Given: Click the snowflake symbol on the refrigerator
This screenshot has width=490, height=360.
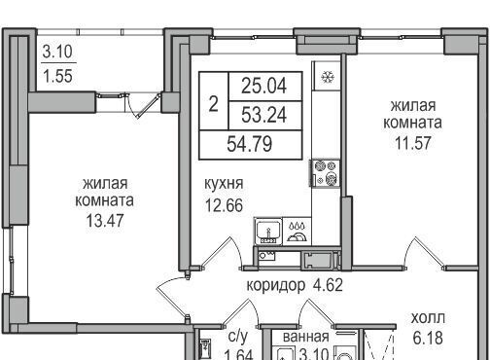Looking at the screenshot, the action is (x=328, y=77).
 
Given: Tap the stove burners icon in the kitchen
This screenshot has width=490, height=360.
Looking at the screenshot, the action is (x=326, y=173).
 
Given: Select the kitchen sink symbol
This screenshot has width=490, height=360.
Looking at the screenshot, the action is (x=268, y=232).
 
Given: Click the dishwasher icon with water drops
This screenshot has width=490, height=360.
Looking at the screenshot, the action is (x=297, y=232).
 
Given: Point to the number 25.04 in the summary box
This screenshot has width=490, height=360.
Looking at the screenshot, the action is (x=264, y=86).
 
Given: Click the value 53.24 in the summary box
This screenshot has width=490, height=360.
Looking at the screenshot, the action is (x=264, y=115).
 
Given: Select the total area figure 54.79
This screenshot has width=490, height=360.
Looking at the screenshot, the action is (x=250, y=144).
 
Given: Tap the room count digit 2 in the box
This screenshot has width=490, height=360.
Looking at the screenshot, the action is (x=213, y=104).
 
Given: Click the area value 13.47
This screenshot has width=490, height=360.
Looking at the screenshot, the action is (x=105, y=220).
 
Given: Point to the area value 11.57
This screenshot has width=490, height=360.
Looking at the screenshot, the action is (x=413, y=143).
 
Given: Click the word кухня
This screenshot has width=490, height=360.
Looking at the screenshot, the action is (x=224, y=184).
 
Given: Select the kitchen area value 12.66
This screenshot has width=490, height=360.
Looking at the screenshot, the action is (x=224, y=205).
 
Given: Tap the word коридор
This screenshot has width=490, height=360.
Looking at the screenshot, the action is (x=276, y=286).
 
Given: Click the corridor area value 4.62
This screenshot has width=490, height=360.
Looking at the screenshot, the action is (x=328, y=285).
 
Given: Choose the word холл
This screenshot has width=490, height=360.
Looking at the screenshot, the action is (x=428, y=318).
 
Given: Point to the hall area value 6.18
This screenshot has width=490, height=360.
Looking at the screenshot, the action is (x=428, y=338).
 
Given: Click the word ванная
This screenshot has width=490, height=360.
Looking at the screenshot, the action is (x=306, y=337).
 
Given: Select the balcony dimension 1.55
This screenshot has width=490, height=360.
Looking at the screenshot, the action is (x=57, y=76).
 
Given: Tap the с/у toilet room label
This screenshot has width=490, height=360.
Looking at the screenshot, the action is (x=237, y=337).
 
